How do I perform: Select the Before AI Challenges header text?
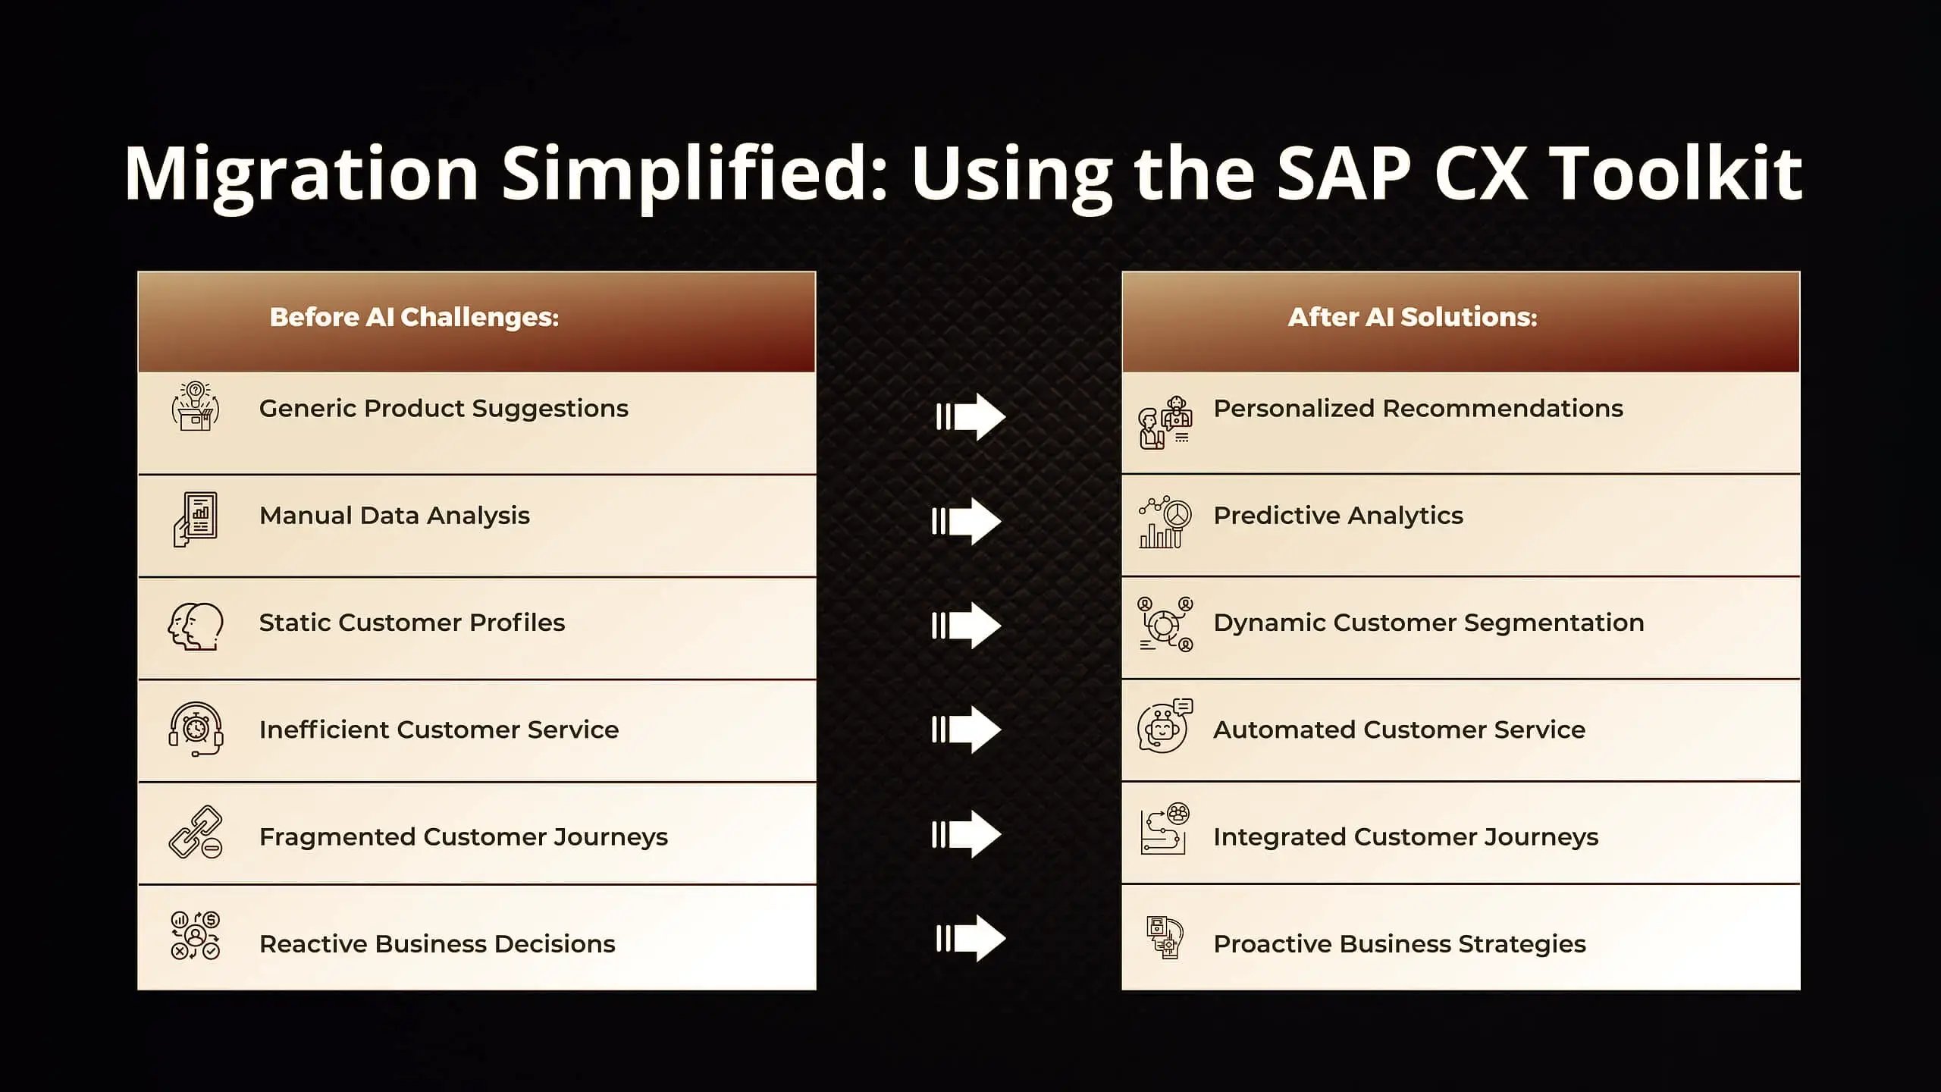coord(414,317)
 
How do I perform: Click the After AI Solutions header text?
coord(1413,317)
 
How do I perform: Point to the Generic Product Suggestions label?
coord(444,409)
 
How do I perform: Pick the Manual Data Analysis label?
coord(394,516)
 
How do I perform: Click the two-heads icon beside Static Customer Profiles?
coord(196,626)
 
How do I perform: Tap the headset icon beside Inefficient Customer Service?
coord(196,730)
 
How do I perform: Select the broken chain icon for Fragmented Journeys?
coord(196,832)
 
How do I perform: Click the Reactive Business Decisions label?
coord(437,944)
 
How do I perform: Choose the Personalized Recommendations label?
coord(1418,409)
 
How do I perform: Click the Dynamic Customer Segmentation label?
coord(1428,623)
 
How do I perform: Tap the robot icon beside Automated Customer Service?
coord(1165,726)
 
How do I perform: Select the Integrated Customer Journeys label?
coord(1406,837)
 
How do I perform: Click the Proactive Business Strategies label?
coord(1400,944)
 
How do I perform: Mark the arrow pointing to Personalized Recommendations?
coord(971,416)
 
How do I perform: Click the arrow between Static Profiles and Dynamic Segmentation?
coord(967,626)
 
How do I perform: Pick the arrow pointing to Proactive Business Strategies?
coord(971,938)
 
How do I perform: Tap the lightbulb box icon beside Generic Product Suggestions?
coord(196,406)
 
